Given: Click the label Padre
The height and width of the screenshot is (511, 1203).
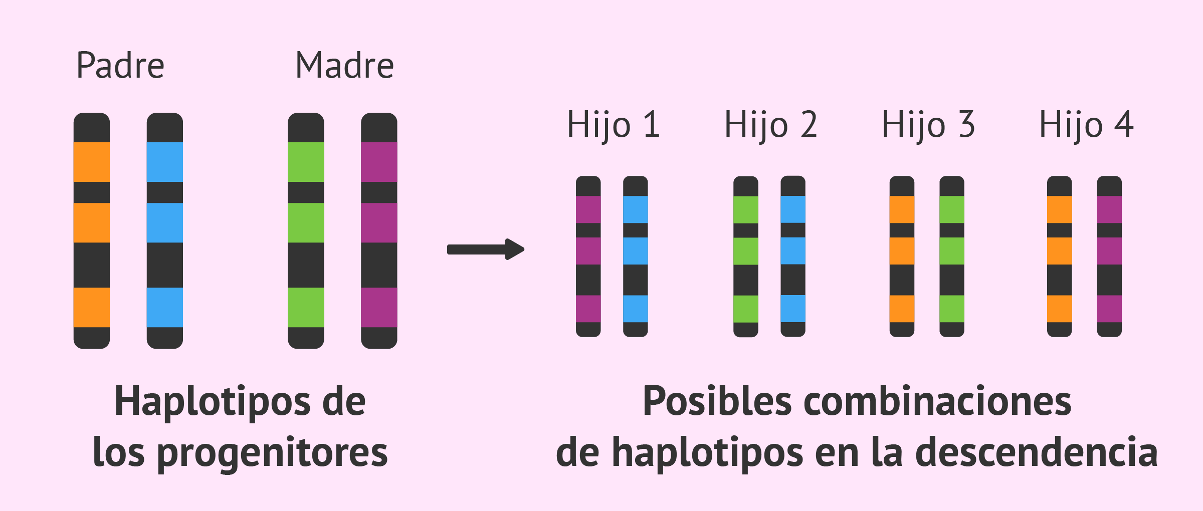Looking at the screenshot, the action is [x=120, y=66].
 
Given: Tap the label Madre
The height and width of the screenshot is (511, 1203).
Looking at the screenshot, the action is [x=345, y=66].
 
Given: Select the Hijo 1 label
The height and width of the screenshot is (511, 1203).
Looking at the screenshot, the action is [x=613, y=124].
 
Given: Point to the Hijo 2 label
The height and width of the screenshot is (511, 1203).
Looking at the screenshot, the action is [x=771, y=124].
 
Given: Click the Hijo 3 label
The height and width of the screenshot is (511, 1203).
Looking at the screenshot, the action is [x=928, y=124].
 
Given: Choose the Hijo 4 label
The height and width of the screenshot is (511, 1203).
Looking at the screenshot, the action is [x=1086, y=124].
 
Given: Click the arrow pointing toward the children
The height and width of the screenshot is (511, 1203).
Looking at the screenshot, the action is [x=486, y=249].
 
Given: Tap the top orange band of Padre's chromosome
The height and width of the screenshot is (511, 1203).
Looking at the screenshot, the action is [x=92, y=162].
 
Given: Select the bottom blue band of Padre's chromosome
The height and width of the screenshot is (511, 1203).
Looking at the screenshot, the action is [x=165, y=307].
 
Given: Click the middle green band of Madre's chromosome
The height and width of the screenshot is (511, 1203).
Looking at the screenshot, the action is [x=306, y=222].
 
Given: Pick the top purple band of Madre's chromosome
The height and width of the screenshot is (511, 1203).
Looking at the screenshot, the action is [x=379, y=162].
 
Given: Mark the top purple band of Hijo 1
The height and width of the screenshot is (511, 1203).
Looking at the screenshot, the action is [x=588, y=209].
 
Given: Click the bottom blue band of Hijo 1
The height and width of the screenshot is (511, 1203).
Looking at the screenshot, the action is [x=636, y=309].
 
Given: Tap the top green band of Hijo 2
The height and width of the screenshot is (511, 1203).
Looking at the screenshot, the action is [x=746, y=209].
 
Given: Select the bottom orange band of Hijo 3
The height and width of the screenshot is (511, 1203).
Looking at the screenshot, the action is [x=902, y=309].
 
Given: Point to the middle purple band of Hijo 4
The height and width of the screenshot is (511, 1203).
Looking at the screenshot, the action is [x=1110, y=251].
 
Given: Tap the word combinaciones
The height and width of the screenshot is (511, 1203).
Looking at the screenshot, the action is [x=937, y=401].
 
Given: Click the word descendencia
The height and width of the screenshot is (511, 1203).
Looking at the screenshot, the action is [x=1037, y=452].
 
